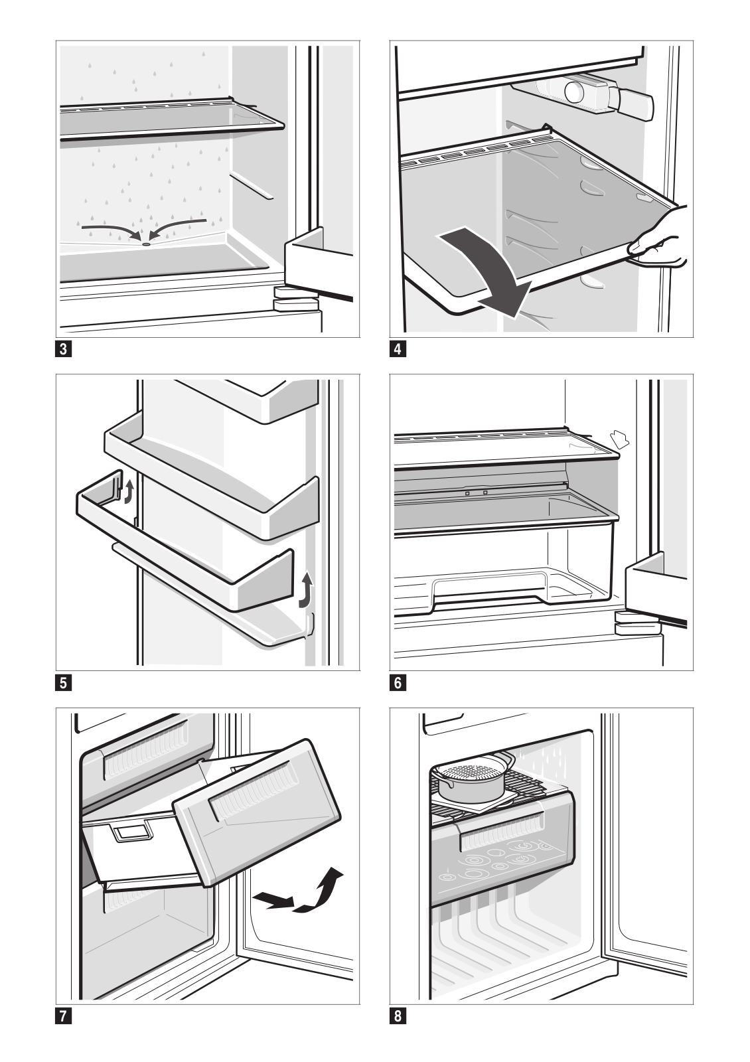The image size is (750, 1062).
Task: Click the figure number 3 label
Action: pos(63,350)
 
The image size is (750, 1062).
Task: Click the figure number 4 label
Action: pos(397,350)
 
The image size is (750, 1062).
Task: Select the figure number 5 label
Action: pos(63,682)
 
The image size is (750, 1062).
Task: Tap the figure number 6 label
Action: pos(397,682)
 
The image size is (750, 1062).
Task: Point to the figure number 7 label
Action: pos(63,1016)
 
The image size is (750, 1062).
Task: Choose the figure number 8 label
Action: pos(397,1016)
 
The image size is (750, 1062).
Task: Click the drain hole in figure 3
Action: pos(145,244)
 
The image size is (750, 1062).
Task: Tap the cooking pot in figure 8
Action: pos(473,775)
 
